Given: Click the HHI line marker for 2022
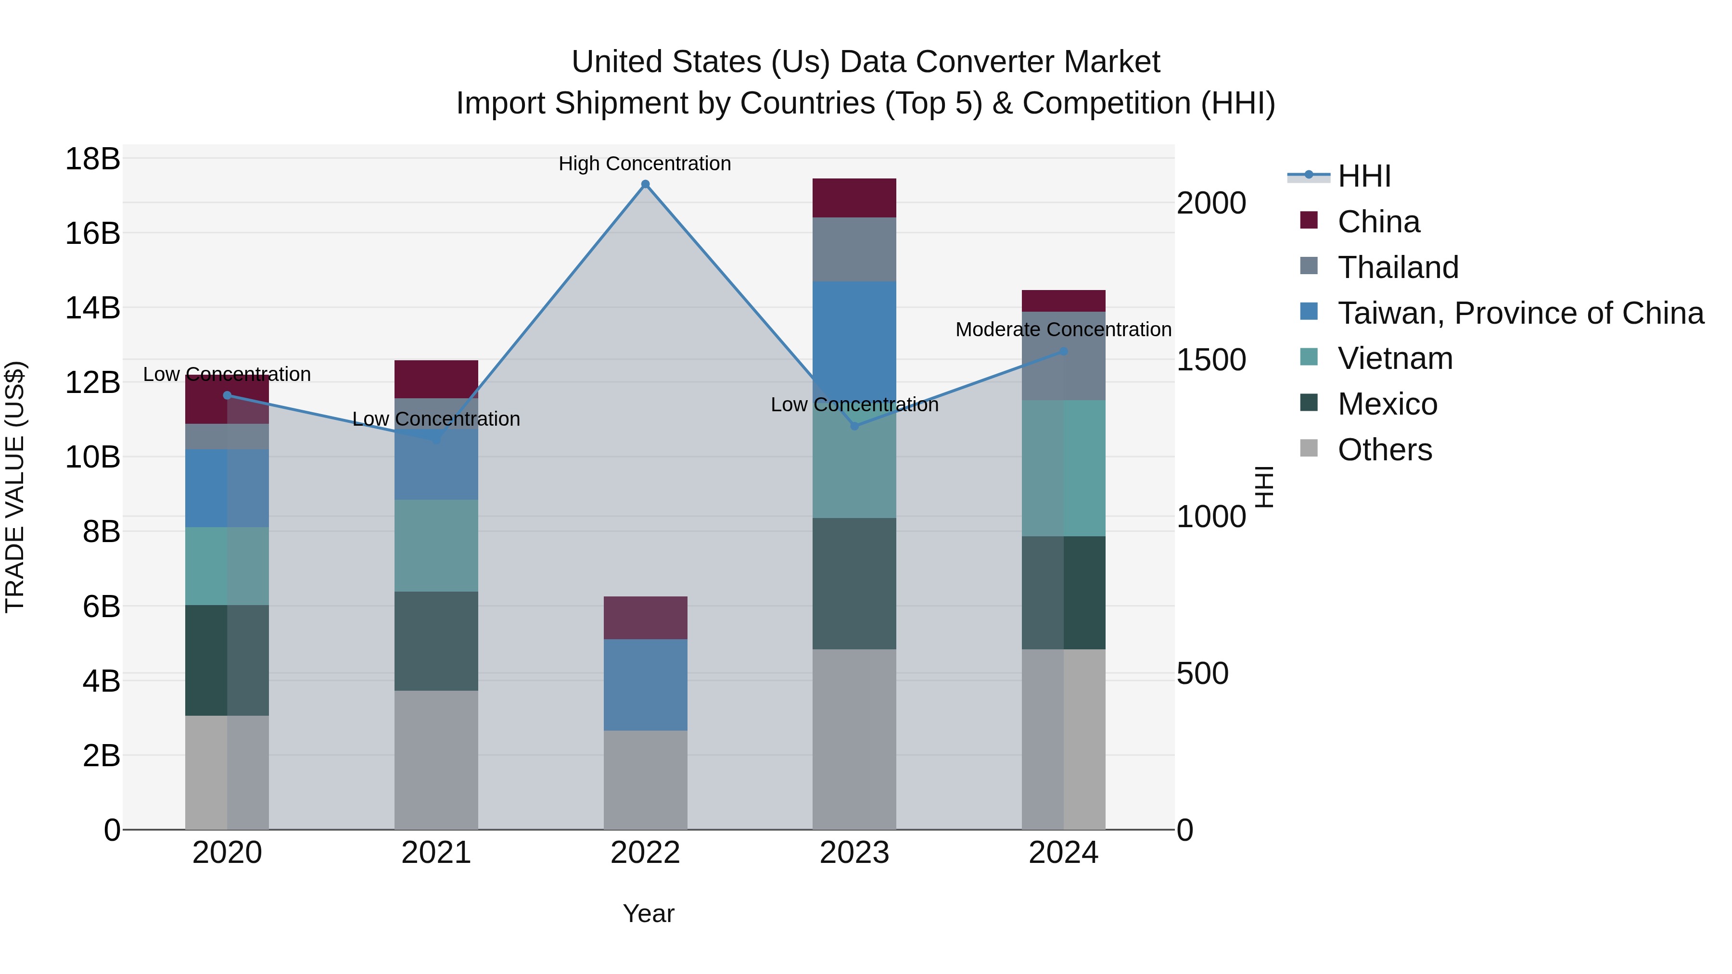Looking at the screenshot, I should tap(645, 184).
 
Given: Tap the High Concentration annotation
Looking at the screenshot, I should tap(644, 164).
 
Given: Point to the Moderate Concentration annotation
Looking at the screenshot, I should tap(1063, 329).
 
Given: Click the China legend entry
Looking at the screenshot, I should tap(1378, 222).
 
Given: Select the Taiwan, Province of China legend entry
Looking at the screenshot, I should tap(1519, 313).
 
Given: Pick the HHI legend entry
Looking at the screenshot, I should tap(1363, 176).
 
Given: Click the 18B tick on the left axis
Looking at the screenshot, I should tap(92, 159).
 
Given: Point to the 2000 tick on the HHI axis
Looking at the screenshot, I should tap(1211, 203).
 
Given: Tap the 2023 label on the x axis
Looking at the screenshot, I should tap(854, 852).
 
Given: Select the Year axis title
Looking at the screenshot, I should tap(648, 913).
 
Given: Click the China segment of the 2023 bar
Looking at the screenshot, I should tap(854, 198).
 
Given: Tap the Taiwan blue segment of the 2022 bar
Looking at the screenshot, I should tap(645, 684).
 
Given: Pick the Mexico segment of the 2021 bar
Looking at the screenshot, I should tap(436, 641).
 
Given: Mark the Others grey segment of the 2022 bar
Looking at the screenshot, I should tap(645, 780).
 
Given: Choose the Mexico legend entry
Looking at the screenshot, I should tap(1387, 404).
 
